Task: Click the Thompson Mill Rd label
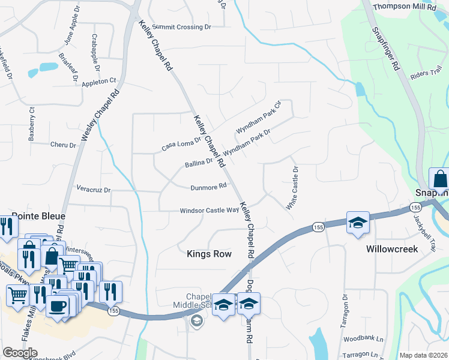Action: (x=404, y=7)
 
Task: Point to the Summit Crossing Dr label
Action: (x=182, y=27)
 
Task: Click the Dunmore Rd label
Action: (x=208, y=187)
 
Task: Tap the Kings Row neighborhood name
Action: (x=209, y=254)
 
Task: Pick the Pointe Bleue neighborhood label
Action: (x=38, y=215)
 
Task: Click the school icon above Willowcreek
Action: (x=357, y=222)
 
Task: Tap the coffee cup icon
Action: (x=58, y=306)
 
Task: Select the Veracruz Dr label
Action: (x=94, y=190)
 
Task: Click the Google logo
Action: (x=20, y=353)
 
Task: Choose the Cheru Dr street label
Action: (x=63, y=145)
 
